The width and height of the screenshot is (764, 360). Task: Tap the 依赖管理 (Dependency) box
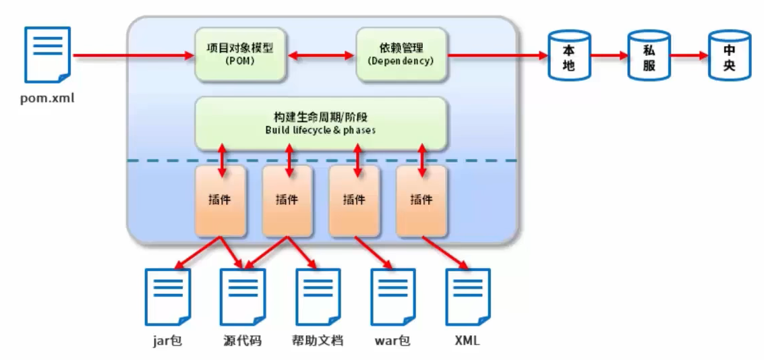click(x=401, y=55)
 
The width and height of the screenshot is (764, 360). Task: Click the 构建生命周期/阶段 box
click(x=320, y=123)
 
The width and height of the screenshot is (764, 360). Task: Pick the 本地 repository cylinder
click(x=568, y=55)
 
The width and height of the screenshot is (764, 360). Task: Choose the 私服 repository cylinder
click(x=648, y=55)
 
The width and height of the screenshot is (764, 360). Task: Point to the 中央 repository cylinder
click(x=729, y=55)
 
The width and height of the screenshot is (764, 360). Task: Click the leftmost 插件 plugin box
click(x=220, y=200)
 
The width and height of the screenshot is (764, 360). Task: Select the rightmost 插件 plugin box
click(x=421, y=200)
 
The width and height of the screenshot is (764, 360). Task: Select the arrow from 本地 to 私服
click(x=608, y=55)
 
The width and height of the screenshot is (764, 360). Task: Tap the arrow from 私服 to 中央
click(x=688, y=55)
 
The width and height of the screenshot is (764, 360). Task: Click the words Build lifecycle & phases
click(x=320, y=130)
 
